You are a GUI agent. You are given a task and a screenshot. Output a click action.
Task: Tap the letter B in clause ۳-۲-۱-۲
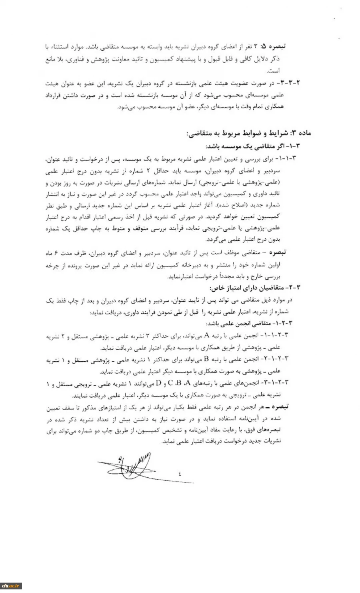pos(207,359)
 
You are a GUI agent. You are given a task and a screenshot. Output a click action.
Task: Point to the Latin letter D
pos(158,383)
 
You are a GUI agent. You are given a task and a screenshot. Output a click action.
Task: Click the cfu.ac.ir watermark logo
pos(11,586)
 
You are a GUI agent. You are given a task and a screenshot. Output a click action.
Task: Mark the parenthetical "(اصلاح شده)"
pos(228,206)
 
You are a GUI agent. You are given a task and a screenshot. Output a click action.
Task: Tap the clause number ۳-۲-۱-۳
pos(278,383)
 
